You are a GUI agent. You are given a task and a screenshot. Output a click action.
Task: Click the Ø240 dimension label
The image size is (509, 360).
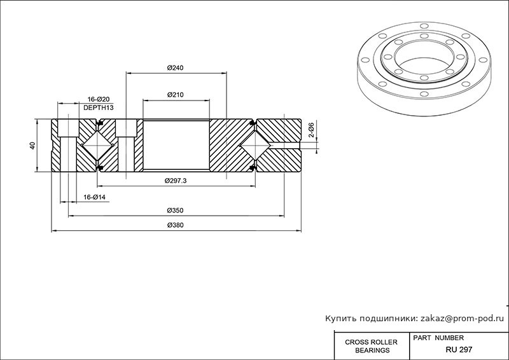tap(176, 68)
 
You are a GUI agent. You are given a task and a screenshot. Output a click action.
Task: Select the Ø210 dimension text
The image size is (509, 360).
tap(176, 95)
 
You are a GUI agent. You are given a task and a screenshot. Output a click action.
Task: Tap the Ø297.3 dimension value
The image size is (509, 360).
tap(176, 181)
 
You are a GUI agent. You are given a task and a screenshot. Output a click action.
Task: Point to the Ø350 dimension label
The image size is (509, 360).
tap(176, 211)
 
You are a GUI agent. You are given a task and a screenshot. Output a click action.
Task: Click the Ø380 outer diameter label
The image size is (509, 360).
tap(176, 225)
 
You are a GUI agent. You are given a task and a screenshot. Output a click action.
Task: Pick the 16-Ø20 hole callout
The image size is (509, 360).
tap(99, 99)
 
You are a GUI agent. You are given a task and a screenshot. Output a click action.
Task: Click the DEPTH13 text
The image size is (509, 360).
tap(99, 107)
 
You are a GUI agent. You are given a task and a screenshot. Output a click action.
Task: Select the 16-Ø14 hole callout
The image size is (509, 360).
tap(94, 197)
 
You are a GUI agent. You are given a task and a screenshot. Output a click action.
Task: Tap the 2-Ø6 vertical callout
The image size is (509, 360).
tap(311, 130)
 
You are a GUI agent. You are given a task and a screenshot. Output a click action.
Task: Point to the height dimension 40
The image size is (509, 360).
tap(32, 146)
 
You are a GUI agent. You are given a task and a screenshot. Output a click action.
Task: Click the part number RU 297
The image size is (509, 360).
tap(459, 350)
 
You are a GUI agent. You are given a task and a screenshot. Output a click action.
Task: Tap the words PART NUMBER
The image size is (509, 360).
tap(438, 338)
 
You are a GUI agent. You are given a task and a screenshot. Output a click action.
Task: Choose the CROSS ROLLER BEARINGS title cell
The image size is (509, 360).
tap(372, 346)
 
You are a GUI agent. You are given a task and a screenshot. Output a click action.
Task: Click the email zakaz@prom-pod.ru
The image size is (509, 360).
tap(463, 319)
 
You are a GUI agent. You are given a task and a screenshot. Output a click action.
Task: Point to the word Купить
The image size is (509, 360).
tap(338, 319)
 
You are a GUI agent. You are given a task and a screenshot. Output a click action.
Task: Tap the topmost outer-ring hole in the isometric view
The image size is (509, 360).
tap(424, 25)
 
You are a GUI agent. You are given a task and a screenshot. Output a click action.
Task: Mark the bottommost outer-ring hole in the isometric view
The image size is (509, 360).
tap(424, 94)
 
